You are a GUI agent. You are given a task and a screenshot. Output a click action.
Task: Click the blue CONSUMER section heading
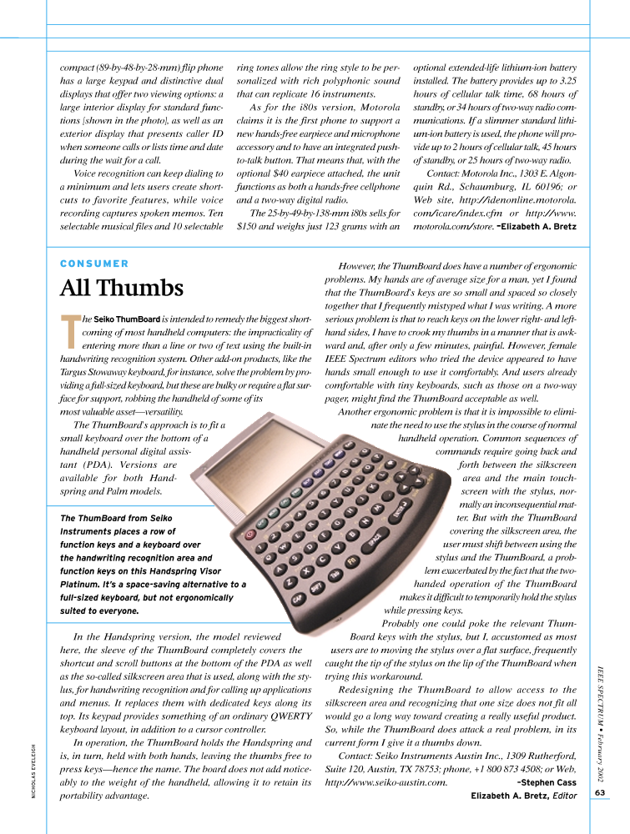[x=94, y=264]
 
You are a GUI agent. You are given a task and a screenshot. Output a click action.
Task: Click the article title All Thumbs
[x=121, y=289]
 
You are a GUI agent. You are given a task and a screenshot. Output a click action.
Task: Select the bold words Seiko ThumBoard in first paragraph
[x=127, y=319]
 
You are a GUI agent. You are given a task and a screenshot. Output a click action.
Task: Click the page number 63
[x=601, y=792]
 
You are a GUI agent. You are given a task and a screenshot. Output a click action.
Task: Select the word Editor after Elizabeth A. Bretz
[x=565, y=796]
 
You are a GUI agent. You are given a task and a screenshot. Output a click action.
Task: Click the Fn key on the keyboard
[x=352, y=563]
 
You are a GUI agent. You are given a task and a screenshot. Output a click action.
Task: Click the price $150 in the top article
[x=249, y=225]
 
